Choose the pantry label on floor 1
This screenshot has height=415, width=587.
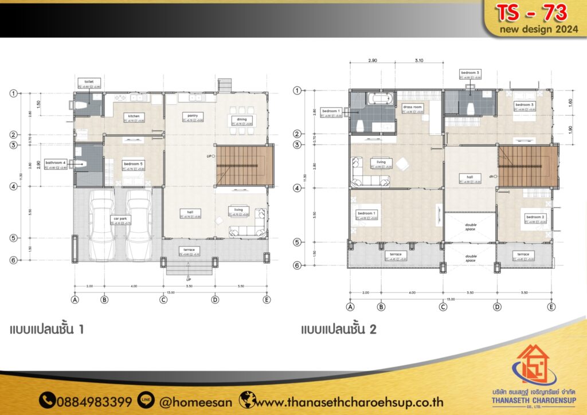pos(191,115)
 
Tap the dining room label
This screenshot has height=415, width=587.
pos(240,119)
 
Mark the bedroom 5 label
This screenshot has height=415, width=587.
pos(134,163)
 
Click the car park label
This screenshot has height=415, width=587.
pos(120,218)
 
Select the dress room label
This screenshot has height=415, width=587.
pos(413,107)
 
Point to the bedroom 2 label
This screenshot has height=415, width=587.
pos(534,217)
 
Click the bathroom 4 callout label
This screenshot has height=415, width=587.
pos(56,163)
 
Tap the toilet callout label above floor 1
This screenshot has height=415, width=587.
pos(89,82)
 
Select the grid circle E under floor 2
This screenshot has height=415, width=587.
pos(551,307)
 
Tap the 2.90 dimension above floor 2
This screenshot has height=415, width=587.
pos(372,60)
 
